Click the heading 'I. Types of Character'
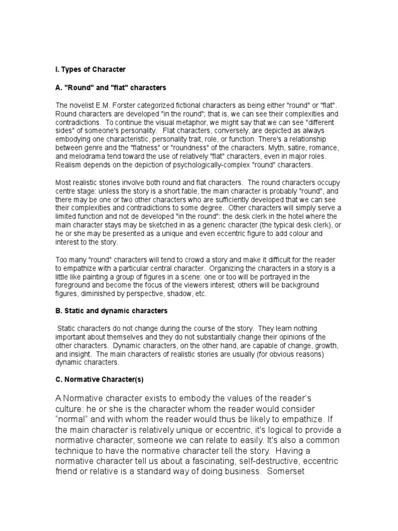(x=90, y=69)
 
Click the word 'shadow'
(x=172, y=293)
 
